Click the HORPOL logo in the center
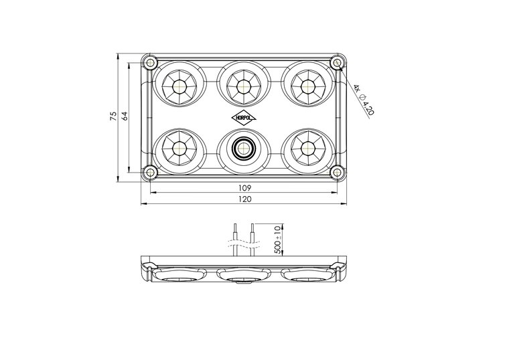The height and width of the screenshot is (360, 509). coord(244,116)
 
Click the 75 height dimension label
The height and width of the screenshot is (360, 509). coord(113,116)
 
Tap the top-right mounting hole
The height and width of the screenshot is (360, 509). coord(338,63)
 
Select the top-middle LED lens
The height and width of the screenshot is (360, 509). coord(244,86)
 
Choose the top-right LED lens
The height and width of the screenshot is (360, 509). coord(308,86)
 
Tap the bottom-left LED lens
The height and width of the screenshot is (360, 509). coord(179,147)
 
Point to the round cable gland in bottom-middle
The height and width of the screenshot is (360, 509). coord(244,147)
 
